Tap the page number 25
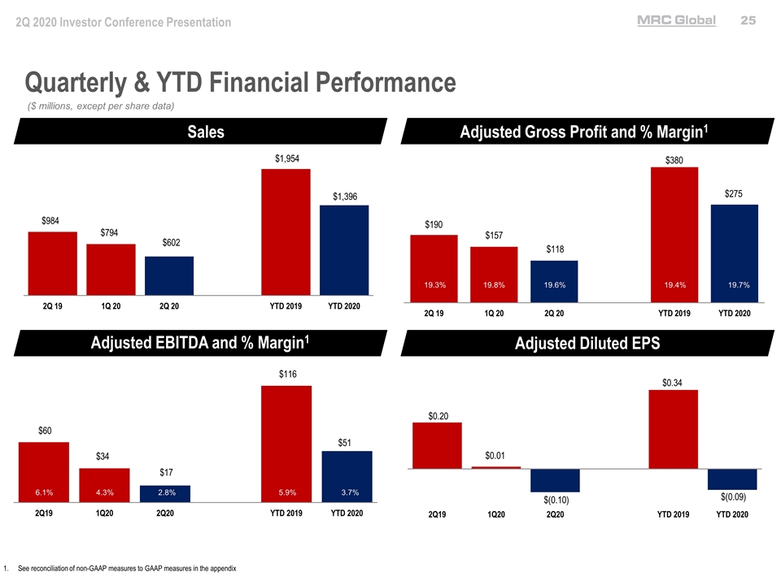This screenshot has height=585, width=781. [x=748, y=21]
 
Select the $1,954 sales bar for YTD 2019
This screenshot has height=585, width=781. [x=286, y=232]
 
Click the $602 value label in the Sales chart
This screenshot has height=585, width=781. [x=171, y=243]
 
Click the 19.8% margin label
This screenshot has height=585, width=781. [x=494, y=285]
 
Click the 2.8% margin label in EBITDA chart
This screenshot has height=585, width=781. [x=168, y=492]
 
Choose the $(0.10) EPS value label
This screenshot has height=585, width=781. [x=556, y=500]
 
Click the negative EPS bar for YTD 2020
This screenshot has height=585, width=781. [x=732, y=479]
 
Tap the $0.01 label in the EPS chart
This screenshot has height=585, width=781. [x=496, y=455]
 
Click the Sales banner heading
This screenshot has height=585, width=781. [x=205, y=132]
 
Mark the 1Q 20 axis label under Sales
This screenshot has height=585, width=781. [x=111, y=307]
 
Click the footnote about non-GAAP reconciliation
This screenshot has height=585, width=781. [x=126, y=568]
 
